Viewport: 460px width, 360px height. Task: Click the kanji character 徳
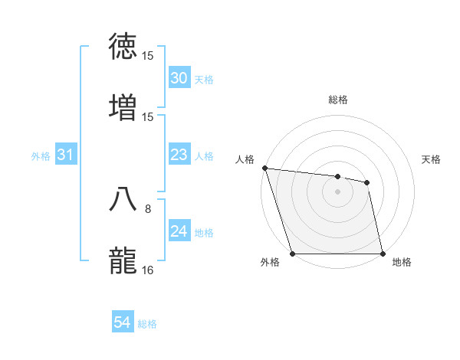(124, 47)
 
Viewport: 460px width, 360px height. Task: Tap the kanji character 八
(124, 198)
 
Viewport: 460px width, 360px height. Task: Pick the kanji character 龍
(124, 259)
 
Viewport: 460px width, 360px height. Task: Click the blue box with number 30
(179, 78)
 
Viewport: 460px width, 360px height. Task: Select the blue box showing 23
(179, 155)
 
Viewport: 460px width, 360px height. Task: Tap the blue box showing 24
(179, 231)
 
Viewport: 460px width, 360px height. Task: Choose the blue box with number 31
(66, 155)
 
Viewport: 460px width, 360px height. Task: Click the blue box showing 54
(123, 322)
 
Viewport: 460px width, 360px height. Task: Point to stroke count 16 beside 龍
(148, 270)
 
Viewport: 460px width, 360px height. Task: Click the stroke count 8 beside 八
(148, 208)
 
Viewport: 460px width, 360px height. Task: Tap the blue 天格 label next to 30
(204, 80)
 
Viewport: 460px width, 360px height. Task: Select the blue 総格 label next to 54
(147, 324)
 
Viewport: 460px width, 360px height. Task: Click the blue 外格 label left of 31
(41, 156)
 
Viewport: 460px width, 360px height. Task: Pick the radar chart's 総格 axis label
(338, 100)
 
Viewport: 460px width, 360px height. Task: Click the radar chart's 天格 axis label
(432, 159)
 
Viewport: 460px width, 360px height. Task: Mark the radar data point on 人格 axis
(264, 168)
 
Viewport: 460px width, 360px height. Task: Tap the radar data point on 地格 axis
(383, 254)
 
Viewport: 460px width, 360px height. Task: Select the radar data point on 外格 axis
(292, 254)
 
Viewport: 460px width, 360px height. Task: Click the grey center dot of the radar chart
(337, 191)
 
